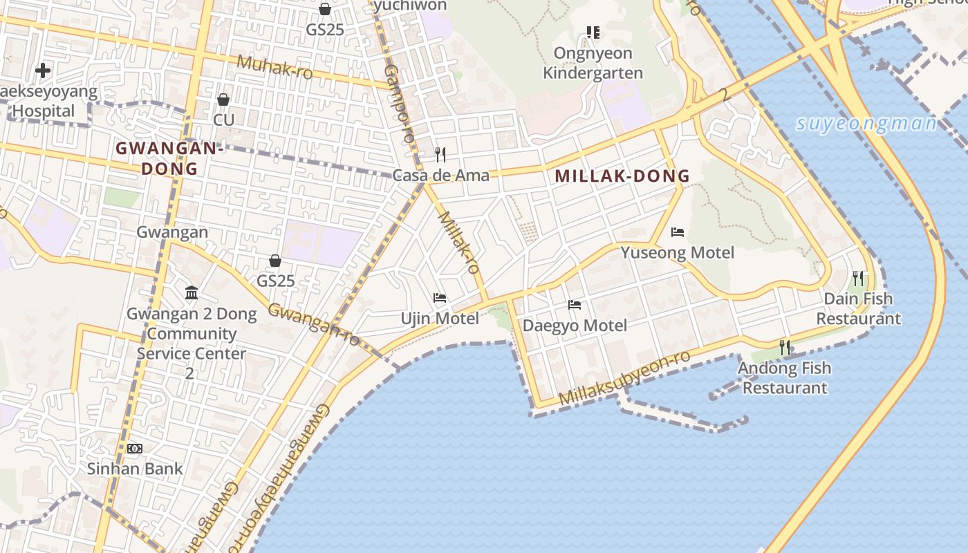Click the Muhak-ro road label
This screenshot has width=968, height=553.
click(274, 67)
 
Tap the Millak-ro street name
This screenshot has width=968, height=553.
click(459, 243)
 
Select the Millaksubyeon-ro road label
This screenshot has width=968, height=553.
click(624, 379)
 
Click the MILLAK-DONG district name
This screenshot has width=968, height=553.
click(622, 176)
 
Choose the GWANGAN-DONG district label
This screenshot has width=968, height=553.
click(169, 158)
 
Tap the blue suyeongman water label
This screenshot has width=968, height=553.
click(866, 124)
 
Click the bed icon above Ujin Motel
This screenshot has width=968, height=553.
click(440, 299)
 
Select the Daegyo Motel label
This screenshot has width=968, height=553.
click(575, 326)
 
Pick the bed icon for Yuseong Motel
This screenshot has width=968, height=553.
click(678, 232)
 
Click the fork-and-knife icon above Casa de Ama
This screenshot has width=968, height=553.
click(440, 154)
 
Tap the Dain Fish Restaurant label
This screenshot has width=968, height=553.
click(858, 309)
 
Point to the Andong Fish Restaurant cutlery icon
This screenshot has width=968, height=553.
click(785, 347)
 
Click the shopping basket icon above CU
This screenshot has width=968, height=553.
click(223, 100)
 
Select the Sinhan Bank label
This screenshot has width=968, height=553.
click(135, 469)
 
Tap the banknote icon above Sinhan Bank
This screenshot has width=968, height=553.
click(135, 449)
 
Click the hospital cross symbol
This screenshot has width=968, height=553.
click(43, 71)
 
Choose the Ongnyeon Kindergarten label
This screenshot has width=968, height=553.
click(593, 63)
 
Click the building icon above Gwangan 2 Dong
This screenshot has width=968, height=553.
click(192, 293)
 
